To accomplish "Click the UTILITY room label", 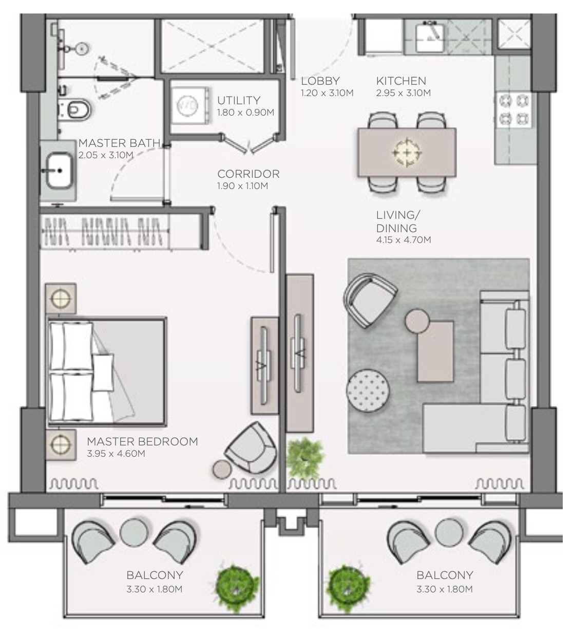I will tap(238, 100).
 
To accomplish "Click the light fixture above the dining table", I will tap(407, 152).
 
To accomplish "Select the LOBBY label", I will tap(320, 81).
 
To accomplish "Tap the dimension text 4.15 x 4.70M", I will tap(403, 239).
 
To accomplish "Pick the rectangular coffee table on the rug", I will tap(435, 351).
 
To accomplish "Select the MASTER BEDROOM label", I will tap(142, 441).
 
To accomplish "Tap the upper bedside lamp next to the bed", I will tap(61, 297).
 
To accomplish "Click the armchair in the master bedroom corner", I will tap(251, 447).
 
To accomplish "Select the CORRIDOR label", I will tap(248, 174).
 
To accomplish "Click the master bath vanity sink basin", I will tap(59, 171).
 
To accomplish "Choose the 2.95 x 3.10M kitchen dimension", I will tap(403, 93).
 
